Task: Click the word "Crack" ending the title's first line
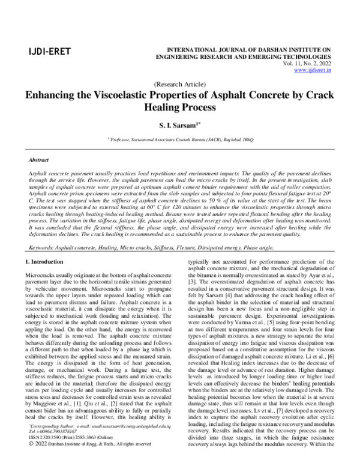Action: coord(320,97)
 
